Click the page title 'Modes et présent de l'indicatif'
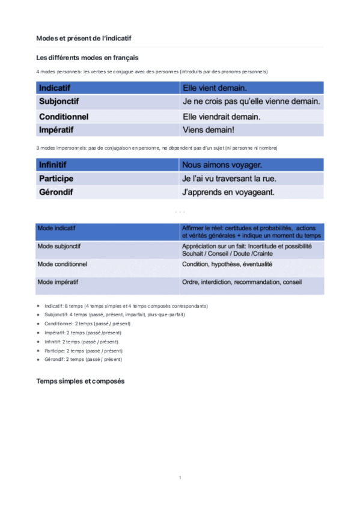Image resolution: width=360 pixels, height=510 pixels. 84,38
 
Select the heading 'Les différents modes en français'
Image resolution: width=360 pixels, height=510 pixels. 87,58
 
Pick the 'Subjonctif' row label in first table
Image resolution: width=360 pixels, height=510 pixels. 59,102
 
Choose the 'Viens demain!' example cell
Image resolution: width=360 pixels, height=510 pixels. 209,130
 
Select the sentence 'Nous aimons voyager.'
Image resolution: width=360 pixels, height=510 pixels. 222,165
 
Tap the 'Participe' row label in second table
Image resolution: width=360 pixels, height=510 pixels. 56,179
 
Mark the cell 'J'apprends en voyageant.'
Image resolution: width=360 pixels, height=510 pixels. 228,192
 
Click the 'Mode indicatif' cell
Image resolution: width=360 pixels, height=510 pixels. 57,229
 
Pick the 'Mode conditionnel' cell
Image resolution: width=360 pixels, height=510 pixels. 63,264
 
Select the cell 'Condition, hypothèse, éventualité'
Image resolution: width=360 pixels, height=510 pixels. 227,264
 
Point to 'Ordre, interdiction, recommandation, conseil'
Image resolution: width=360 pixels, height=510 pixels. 242,282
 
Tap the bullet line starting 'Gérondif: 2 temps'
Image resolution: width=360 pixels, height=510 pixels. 83,359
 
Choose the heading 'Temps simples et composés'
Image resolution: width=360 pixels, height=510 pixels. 81,381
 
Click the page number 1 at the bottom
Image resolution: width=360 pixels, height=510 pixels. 180,478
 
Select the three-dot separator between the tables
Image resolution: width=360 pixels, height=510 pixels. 180,212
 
